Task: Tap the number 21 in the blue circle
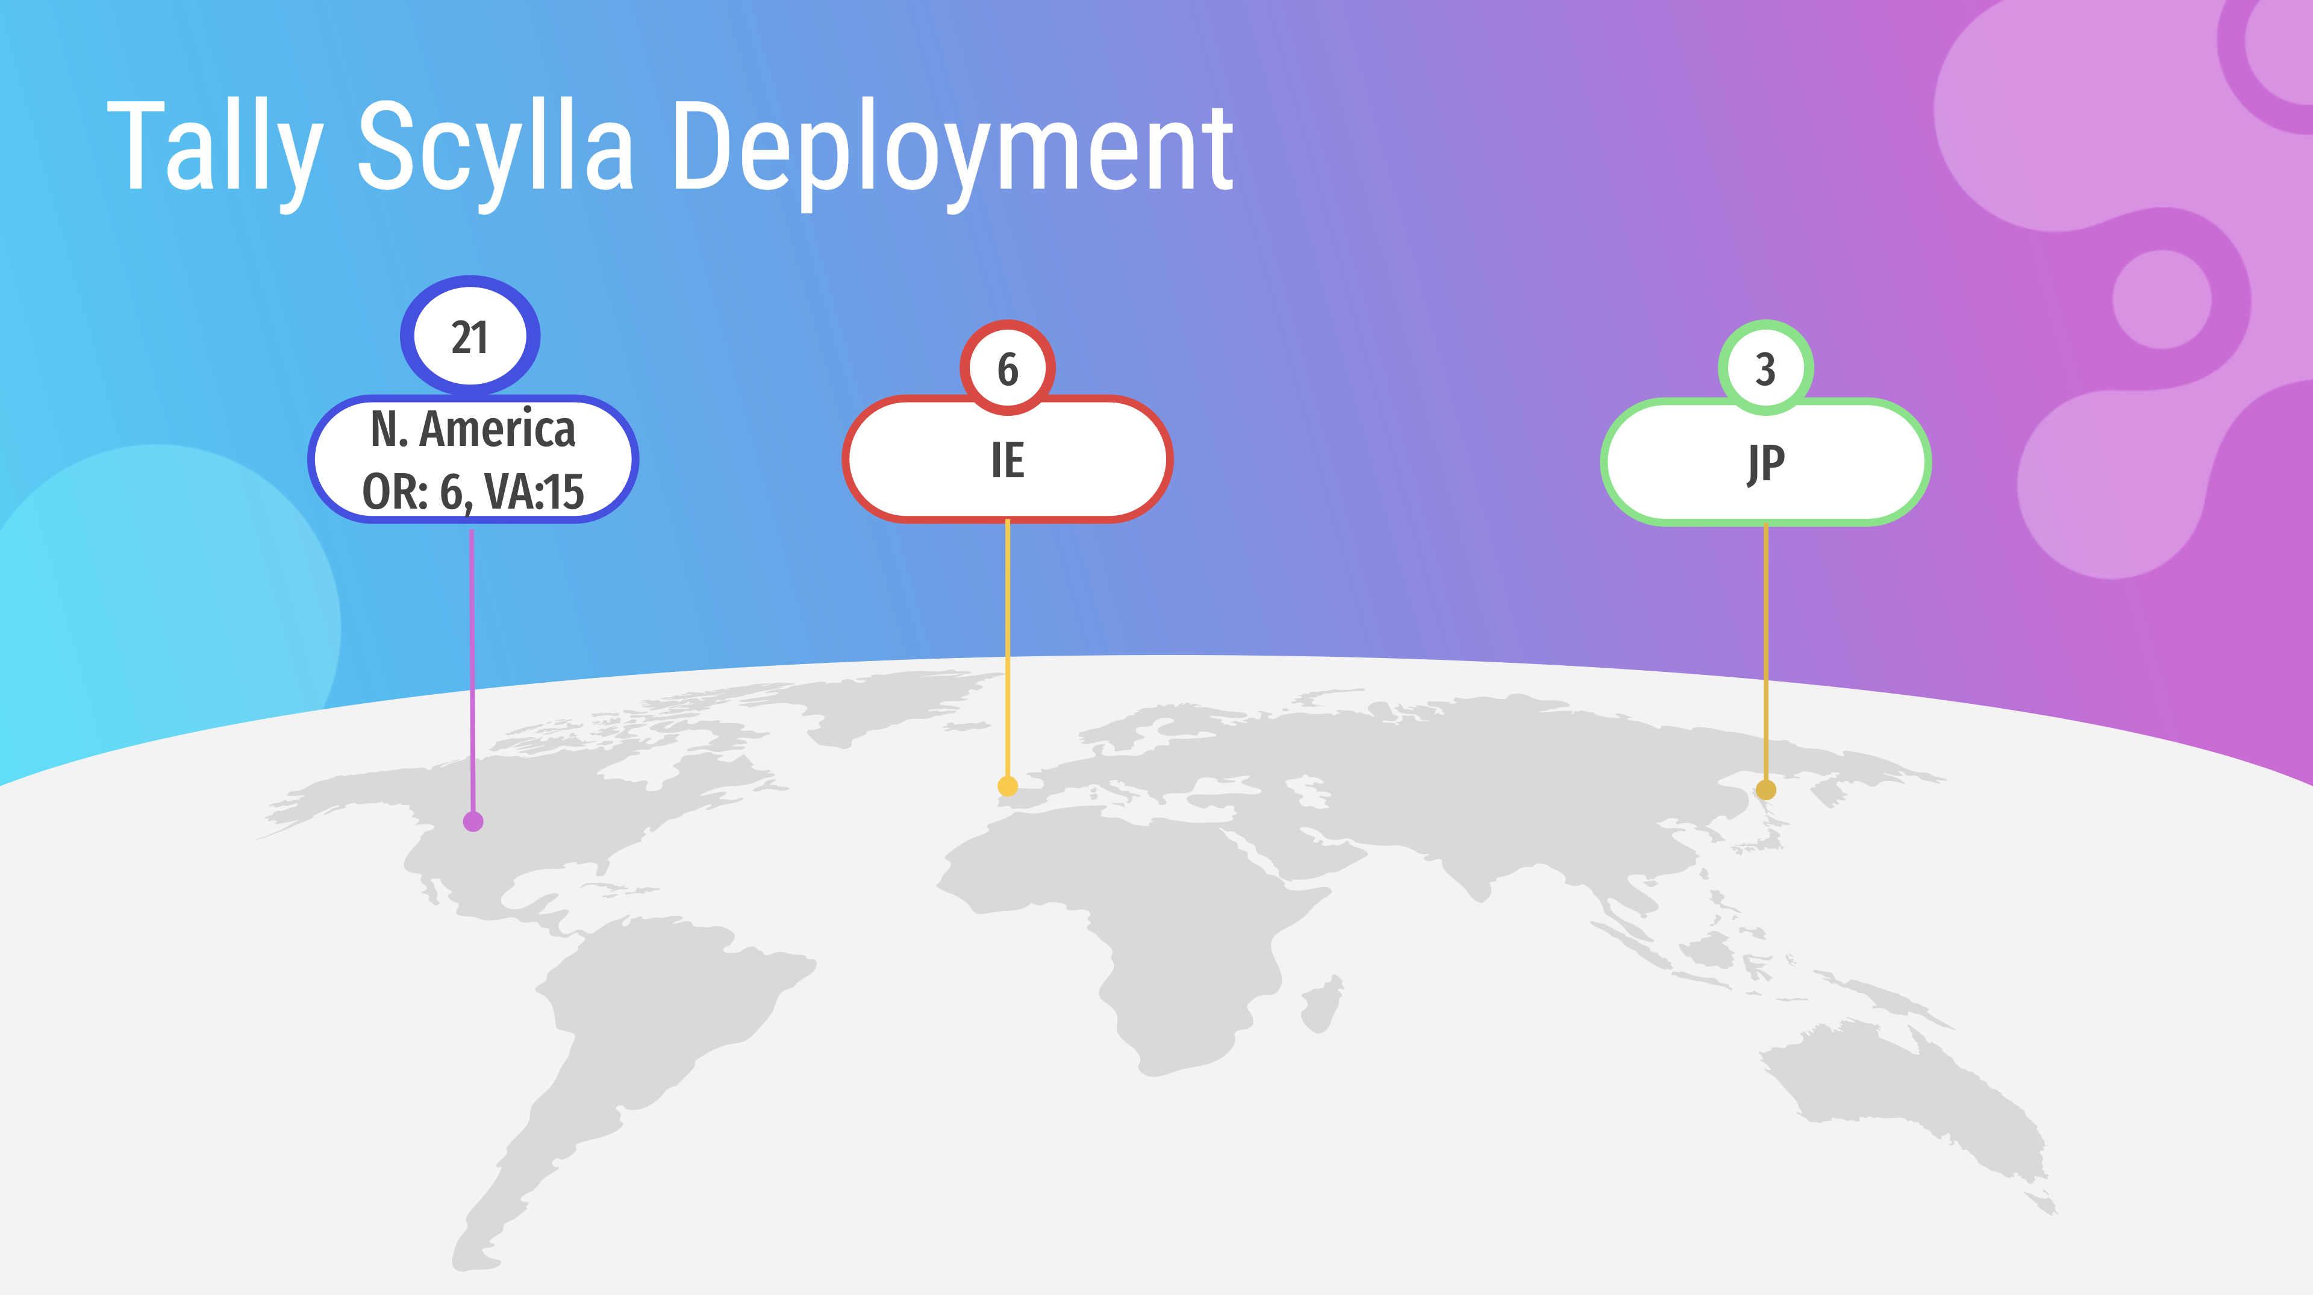470,337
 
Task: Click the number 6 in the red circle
1008,369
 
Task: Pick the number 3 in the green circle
1765,369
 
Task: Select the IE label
1008,460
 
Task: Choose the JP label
1765,463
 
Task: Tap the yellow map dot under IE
1008,786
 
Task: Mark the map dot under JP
1765,790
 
